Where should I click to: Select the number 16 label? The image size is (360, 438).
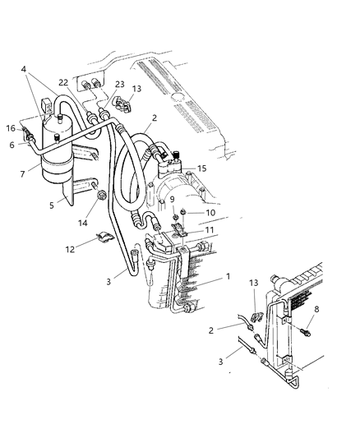tap(11, 128)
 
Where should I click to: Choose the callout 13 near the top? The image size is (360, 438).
tap(136, 89)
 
